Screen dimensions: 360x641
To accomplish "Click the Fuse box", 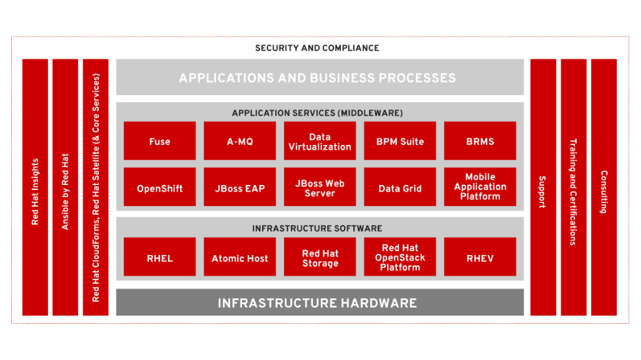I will pyautogui.click(x=159, y=141).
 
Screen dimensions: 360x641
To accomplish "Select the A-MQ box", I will pyautogui.click(x=240, y=141).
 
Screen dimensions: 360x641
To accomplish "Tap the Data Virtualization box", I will pyautogui.click(x=320, y=141).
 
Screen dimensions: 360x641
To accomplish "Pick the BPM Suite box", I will pyautogui.click(x=400, y=141).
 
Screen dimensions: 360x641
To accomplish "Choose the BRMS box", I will pyautogui.click(x=480, y=141).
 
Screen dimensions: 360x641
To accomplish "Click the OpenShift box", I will pyautogui.click(x=159, y=187).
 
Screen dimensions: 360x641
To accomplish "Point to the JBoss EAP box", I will pyautogui.click(x=240, y=187).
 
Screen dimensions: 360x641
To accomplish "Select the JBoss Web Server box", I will pyautogui.click(x=320, y=187).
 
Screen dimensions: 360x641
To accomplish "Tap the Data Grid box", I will pyautogui.click(x=400, y=187).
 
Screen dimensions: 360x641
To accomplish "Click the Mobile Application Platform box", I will pyautogui.click(x=480, y=187).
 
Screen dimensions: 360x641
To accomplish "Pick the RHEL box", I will pyautogui.click(x=159, y=257).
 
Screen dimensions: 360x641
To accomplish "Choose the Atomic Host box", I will pyautogui.click(x=240, y=257).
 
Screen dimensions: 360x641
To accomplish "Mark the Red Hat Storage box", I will pyautogui.click(x=320, y=257).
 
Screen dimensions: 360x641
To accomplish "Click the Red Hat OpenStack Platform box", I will pyautogui.click(x=400, y=257).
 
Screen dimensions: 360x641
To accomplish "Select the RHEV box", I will pyautogui.click(x=480, y=257).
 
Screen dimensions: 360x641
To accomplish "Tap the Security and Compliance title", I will pyautogui.click(x=317, y=48).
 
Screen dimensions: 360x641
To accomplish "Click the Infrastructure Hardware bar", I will pyautogui.click(x=320, y=302).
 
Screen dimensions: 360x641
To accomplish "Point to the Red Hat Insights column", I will pyautogui.click(x=35, y=187).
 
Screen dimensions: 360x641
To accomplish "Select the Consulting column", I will pyautogui.click(x=603, y=187).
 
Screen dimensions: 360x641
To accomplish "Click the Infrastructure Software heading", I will pyautogui.click(x=317, y=228).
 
